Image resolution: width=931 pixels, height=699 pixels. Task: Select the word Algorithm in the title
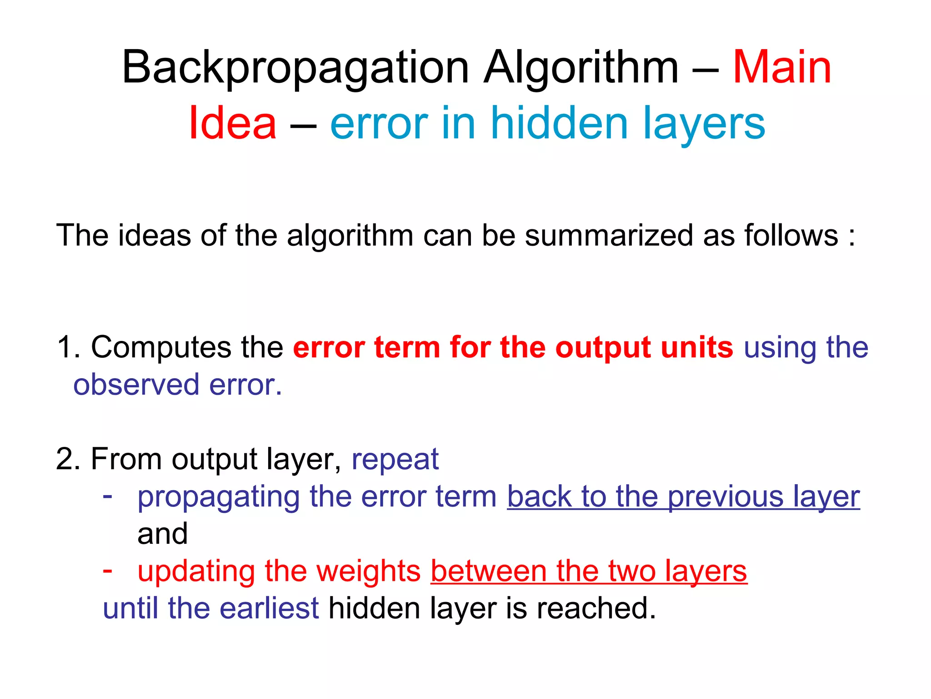pyautogui.click(x=581, y=68)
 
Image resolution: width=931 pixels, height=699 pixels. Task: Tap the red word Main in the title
pyautogui.click(x=782, y=68)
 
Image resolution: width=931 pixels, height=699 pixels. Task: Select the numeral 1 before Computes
pyautogui.click(x=64, y=348)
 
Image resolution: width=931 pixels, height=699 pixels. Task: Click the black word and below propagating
pyautogui.click(x=162, y=534)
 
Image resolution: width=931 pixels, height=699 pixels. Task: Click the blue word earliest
pyautogui.click(x=270, y=608)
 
